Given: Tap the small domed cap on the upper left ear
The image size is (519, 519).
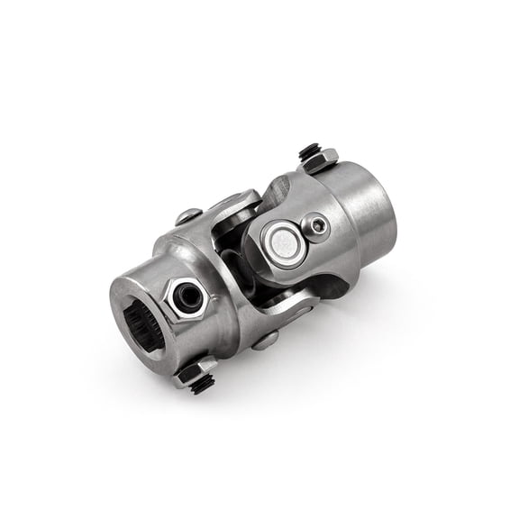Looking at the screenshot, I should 189,215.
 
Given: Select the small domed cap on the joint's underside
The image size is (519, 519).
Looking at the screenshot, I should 264,340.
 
